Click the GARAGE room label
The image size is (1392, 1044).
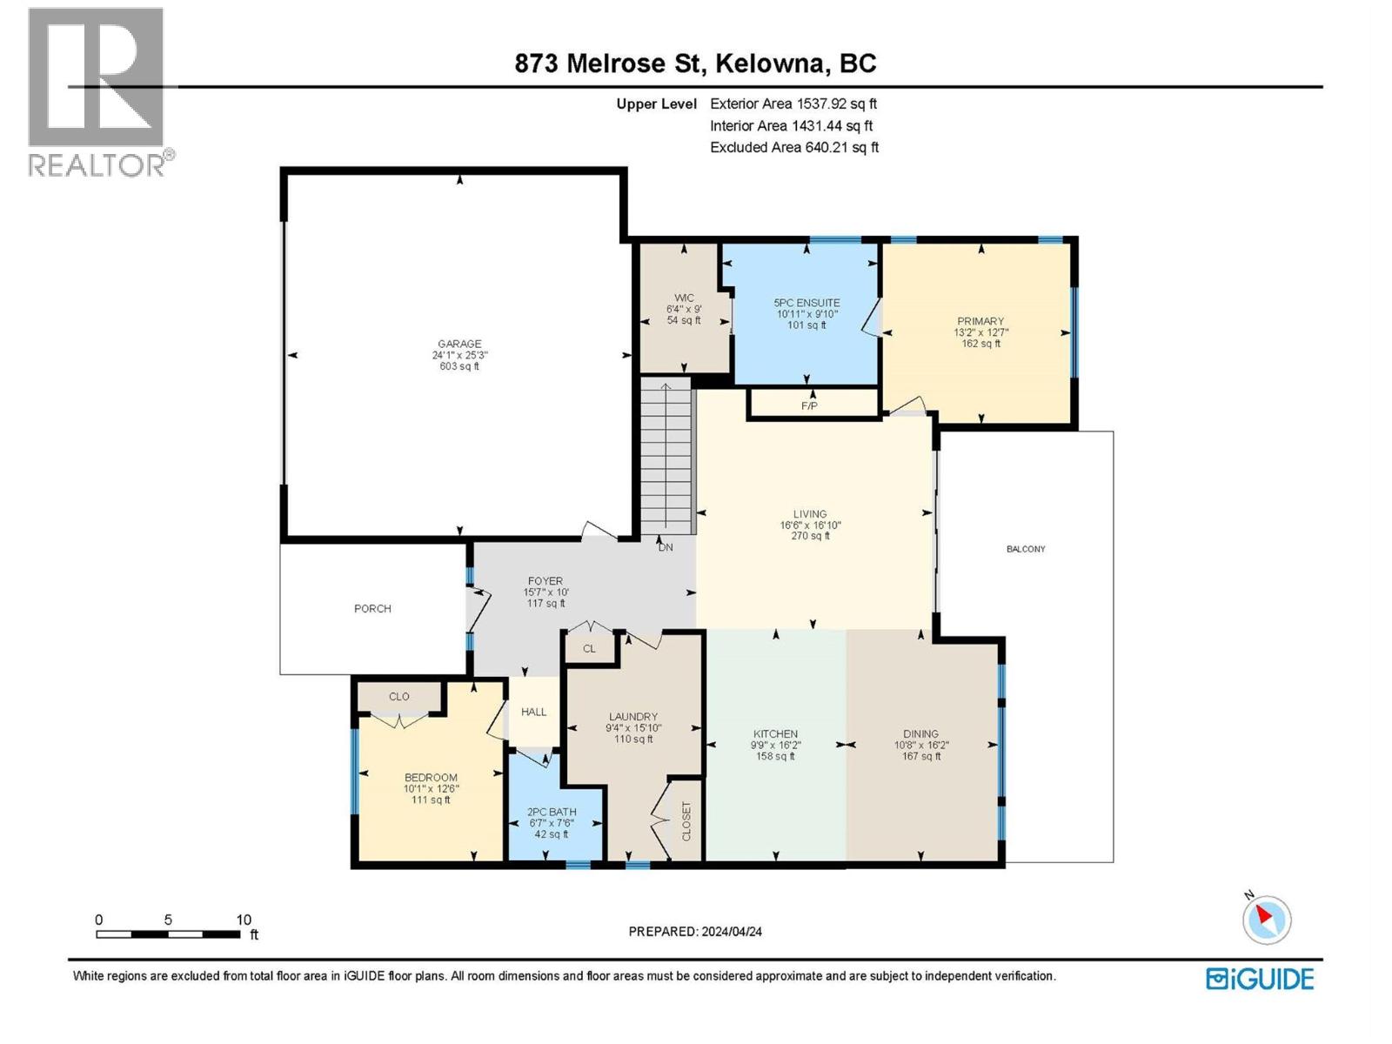click(459, 344)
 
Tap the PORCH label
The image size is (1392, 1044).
click(372, 608)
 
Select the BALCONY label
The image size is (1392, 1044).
click(1026, 549)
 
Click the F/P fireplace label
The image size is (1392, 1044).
click(809, 405)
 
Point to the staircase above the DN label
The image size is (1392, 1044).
click(666, 457)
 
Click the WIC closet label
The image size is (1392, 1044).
click(684, 298)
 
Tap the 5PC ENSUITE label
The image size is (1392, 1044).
click(806, 303)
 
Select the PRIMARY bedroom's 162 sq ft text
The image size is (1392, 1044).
click(980, 344)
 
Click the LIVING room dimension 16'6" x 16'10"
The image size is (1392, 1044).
click(810, 525)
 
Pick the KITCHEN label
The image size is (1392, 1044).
click(774, 733)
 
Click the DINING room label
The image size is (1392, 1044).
click(920, 733)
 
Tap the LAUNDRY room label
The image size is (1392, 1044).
click(632, 717)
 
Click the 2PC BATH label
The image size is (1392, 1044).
click(552, 812)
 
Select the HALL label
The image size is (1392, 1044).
click(533, 712)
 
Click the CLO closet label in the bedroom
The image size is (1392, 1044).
click(398, 696)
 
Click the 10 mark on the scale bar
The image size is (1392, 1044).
click(244, 920)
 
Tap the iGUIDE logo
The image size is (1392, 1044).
click(1260, 979)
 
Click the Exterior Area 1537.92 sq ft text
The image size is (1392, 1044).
click(793, 104)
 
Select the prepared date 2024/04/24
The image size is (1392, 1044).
click(730, 931)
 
